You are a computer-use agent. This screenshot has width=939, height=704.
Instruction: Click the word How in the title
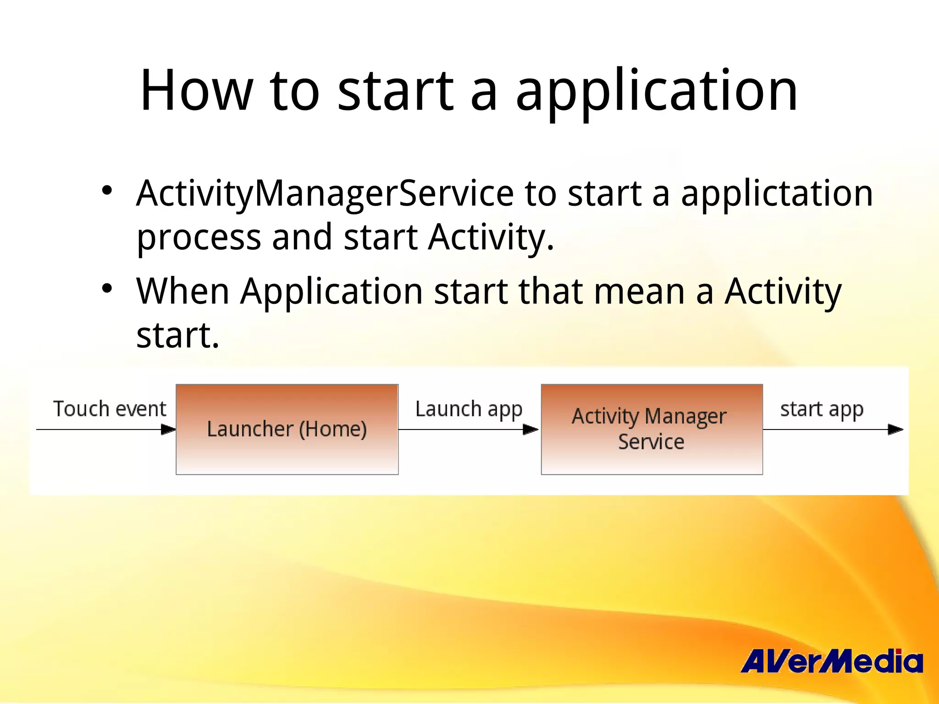pyautogui.click(x=196, y=90)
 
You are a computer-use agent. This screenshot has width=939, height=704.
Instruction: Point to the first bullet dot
pyautogui.click(x=107, y=190)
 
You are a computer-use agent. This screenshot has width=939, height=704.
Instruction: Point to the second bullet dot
pyautogui.click(x=107, y=288)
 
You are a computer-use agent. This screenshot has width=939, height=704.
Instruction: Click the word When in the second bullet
pyautogui.click(x=182, y=291)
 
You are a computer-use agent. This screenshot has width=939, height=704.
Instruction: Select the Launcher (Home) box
pyautogui.click(x=287, y=429)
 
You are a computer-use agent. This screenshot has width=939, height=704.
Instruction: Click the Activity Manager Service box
pyautogui.click(x=652, y=429)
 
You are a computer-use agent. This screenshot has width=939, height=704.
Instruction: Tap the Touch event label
pyautogui.click(x=110, y=408)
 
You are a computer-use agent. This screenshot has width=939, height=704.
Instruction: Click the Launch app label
pyautogui.click(x=469, y=409)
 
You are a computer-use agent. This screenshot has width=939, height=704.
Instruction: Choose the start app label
pyautogui.click(x=822, y=409)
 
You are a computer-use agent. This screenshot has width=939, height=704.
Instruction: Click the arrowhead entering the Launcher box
pyautogui.click(x=169, y=429)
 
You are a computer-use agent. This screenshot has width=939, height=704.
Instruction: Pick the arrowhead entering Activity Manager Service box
pyautogui.click(x=531, y=429)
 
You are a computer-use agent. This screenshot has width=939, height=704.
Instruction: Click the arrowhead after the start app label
pyautogui.click(x=895, y=429)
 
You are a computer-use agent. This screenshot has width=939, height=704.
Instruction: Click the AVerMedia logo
pyautogui.click(x=832, y=661)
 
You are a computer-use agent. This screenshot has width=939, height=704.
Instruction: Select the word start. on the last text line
pyautogui.click(x=178, y=335)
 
